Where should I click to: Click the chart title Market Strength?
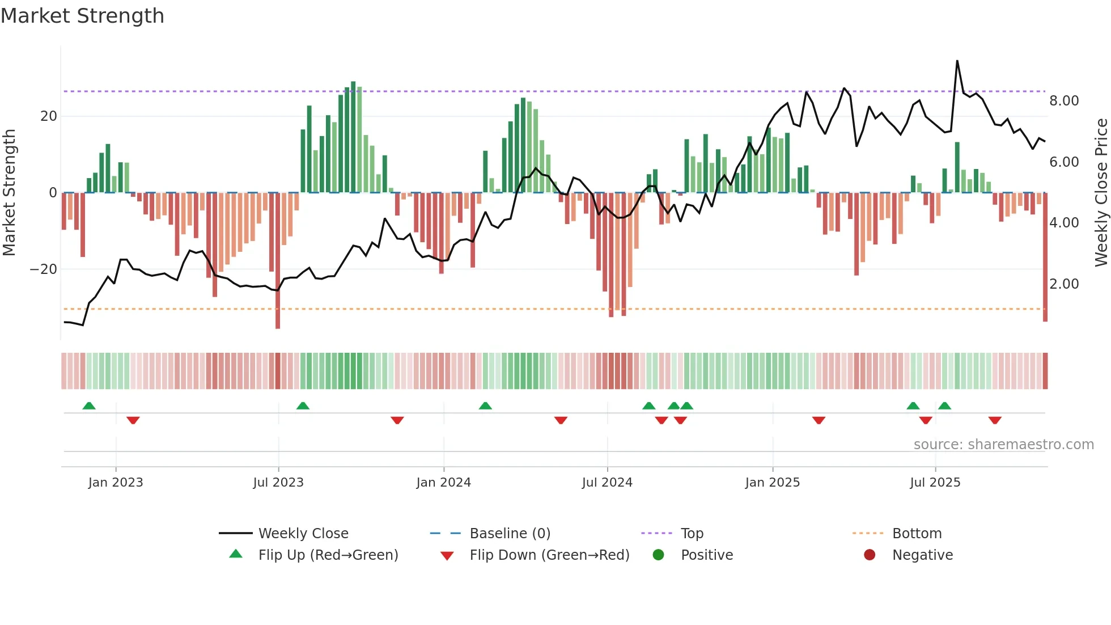click(x=82, y=16)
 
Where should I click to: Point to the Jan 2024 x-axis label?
click(x=443, y=483)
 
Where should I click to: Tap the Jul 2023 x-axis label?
click(x=278, y=483)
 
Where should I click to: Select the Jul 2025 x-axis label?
click(x=935, y=483)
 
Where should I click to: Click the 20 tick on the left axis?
click(x=49, y=116)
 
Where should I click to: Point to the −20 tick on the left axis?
click(x=44, y=269)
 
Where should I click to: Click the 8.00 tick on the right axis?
click(x=1064, y=101)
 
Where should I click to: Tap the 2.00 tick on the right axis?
click(x=1064, y=284)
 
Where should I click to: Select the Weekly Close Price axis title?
click(x=1101, y=193)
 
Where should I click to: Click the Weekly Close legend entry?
click(x=303, y=534)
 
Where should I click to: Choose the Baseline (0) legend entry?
click(x=510, y=534)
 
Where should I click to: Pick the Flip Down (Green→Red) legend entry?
click(x=549, y=555)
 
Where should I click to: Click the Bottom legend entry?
click(x=917, y=534)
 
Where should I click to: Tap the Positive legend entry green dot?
click(x=658, y=555)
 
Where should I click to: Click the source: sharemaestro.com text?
click(x=1003, y=445)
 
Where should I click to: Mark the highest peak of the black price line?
click(x=957, y=61)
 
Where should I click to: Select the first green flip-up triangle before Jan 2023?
click(x=89, y=406)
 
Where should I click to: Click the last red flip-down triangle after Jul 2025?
click(x=995, y=420)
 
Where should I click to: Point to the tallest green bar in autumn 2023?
click(x=353, y=136)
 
